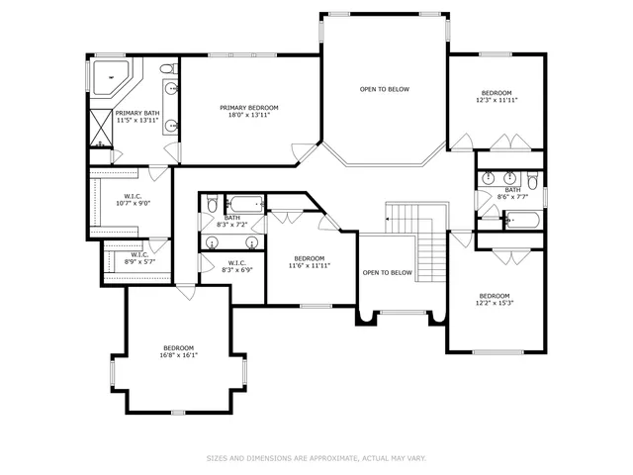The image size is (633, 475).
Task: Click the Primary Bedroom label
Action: [249, 108]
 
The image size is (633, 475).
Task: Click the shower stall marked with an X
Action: [101, 128]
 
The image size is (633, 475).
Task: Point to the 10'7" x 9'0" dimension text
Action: [134, 204]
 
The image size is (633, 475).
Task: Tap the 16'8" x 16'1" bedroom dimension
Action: [178, 355]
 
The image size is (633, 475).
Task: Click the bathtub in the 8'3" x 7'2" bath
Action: [244, 204]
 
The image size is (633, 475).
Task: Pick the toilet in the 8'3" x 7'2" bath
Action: [212, 203]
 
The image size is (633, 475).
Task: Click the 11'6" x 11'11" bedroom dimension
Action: [310, 266]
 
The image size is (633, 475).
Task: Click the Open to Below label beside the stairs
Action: [387, 273]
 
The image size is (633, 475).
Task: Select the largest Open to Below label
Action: [385, 89]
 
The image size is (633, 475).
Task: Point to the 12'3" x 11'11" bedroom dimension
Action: [497, 100]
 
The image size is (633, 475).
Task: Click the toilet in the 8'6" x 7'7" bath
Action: [532, 180]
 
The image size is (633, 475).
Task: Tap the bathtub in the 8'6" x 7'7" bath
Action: [522, 220]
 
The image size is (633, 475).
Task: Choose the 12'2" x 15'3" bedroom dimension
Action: [495, 303]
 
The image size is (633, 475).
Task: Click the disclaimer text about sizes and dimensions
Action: [316, 458]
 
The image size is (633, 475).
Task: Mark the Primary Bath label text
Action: [137, 113]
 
